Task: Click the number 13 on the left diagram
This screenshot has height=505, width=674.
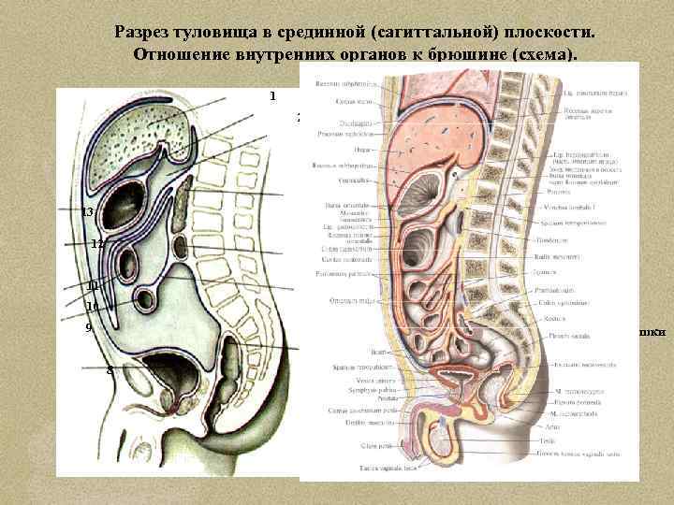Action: click(x=87, y=212)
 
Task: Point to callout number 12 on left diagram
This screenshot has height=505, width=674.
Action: click(x=96, y=244)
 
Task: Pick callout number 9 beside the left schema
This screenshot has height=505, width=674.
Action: click(x=88, y=328)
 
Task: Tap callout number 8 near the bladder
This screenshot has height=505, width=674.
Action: click(x=110, y=370)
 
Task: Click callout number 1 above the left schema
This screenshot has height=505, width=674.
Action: click(x=272, y=95)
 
